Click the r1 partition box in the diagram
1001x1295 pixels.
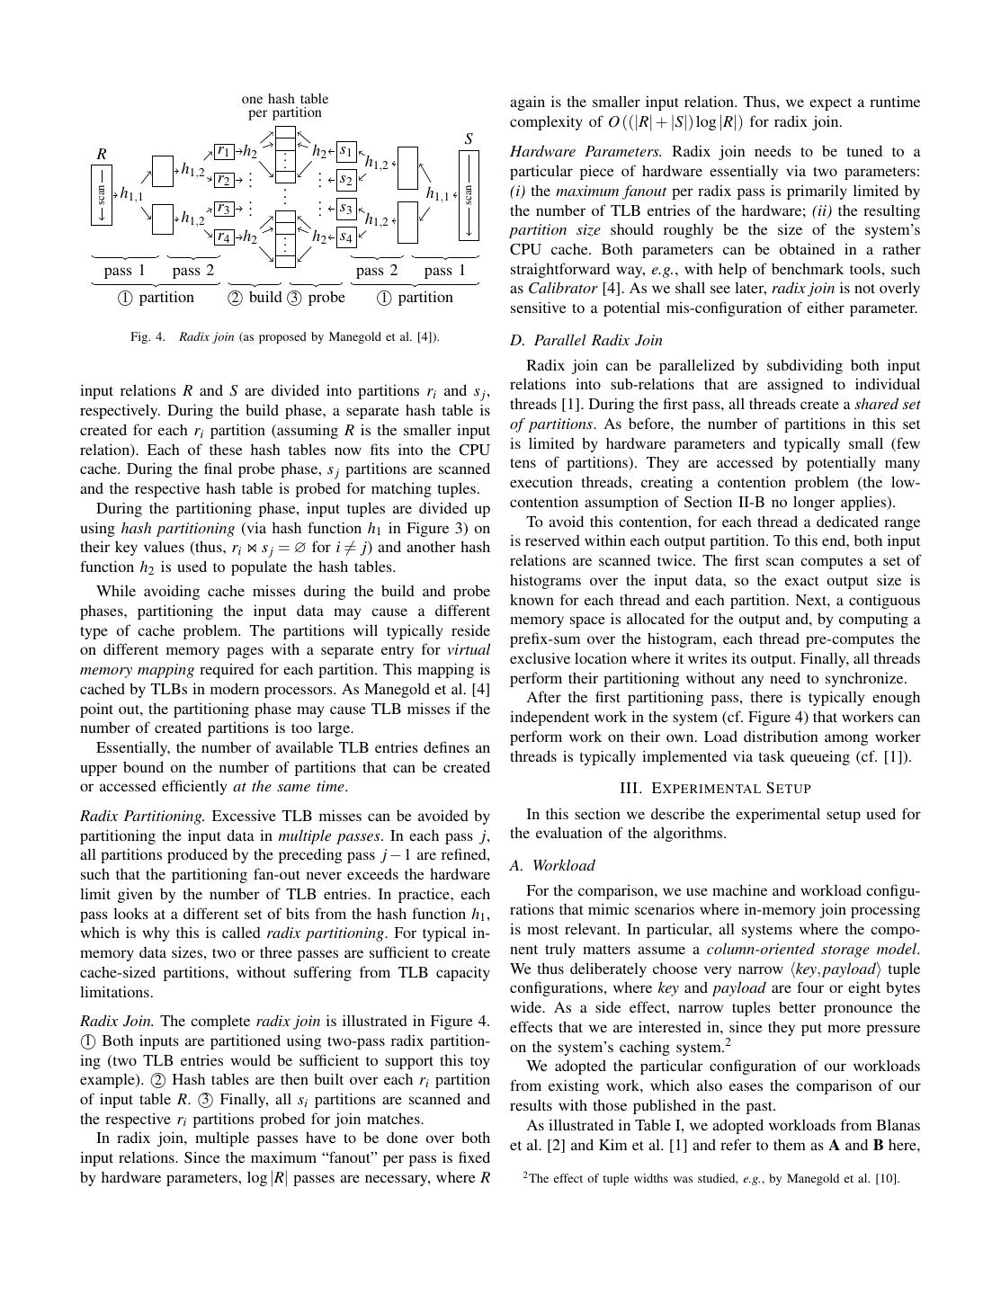click(x=224, y=151)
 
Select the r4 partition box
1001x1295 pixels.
click(x=224, y=237)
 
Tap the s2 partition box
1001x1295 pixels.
click(x=346, y=180)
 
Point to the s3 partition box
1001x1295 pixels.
click(x=346, y=209)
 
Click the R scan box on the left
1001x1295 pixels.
click(x=102, y=195)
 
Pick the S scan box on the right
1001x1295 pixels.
click(x=469, y=195)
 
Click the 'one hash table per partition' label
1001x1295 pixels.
click(x=285, y=105)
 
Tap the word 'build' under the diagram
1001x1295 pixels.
click(x=265, y=298)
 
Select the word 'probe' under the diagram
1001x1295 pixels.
click(x=326, y=298)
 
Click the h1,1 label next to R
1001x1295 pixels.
click(x=131, y=194)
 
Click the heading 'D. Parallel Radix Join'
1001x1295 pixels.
click(x=585, y=340)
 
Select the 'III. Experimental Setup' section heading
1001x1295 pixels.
click(x=715, y=789)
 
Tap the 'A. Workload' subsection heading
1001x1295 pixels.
click(x=552, y=865)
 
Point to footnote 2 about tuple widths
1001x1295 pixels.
click(x=711, y=1179)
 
